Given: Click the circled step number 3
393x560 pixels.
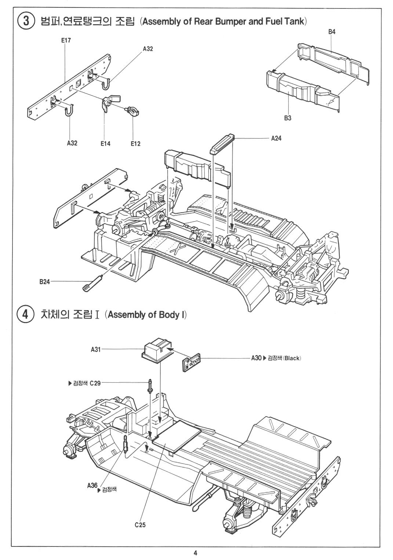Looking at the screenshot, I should [25, 21].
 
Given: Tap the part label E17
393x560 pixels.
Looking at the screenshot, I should [66, 41].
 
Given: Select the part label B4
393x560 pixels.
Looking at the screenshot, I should [332, 32].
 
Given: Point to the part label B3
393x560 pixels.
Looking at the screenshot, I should [288, 118].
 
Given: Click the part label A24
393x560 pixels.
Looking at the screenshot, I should [276, 138].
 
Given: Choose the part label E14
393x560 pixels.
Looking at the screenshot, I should [105, 143].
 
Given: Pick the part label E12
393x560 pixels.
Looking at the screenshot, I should [135, 143].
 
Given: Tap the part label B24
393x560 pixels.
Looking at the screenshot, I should [44, 282].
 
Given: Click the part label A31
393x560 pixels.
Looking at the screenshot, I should [95, 350].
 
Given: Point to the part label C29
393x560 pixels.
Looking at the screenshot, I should [95, 383].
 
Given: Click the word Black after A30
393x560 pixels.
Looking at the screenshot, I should [292, 358].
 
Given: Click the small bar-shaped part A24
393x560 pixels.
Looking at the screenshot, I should [222, 144].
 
